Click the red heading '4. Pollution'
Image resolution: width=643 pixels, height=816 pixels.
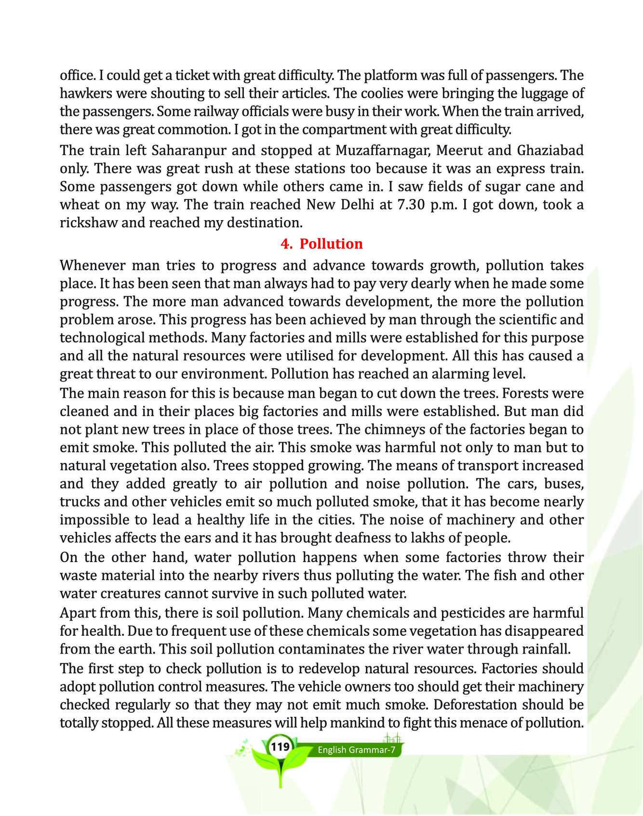click(321, 244)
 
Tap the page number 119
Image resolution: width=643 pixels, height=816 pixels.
click(280, 747)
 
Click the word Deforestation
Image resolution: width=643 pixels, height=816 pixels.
click(483, 705)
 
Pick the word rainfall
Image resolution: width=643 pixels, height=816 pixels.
click(545, 649)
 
